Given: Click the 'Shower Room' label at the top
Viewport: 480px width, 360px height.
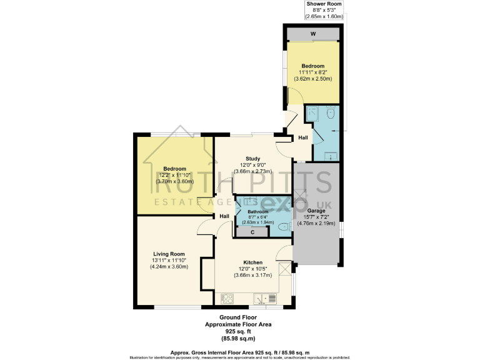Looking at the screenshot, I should point(324,4).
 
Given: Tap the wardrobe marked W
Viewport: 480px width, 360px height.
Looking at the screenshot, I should point(313,34).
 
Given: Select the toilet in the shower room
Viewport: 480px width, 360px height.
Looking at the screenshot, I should point(331,113).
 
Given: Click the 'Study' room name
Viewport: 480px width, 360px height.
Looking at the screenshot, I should point(252,159).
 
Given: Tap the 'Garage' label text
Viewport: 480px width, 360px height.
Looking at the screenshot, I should point(316,211).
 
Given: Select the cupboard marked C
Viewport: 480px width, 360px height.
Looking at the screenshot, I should point(252,232).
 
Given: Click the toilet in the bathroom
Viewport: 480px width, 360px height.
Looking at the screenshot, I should point(283,226).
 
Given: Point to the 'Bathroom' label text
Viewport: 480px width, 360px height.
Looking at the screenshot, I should point(257,212).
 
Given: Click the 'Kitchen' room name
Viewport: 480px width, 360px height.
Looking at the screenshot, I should point(253,262).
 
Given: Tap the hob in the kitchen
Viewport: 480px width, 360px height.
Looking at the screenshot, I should point(226,298).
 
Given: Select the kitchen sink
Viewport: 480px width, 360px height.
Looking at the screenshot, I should point(271,298).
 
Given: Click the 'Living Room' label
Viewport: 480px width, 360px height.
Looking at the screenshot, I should point(168,254).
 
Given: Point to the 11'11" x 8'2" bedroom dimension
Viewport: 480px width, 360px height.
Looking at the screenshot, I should point(313,72).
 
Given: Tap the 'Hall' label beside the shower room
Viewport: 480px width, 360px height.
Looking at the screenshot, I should point(302,137).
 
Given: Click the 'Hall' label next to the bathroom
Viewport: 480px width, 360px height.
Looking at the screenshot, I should point(224,216).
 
